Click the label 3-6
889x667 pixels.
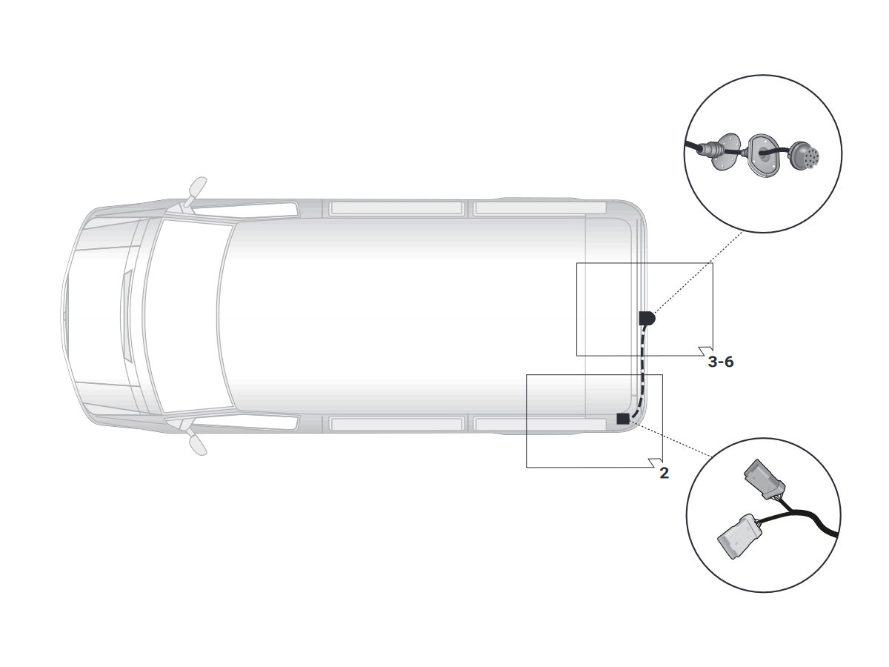(720, 362)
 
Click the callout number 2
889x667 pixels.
(665, 473)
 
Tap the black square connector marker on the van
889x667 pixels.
(622, 419)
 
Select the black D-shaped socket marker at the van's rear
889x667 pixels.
(647, 318)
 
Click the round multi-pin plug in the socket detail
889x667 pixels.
(803, 156)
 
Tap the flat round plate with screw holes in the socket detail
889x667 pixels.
(727, 152)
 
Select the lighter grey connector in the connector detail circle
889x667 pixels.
(739, 537)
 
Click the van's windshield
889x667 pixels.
(190, 316)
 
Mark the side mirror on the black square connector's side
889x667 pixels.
(198, 444)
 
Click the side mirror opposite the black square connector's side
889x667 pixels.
(197, 189)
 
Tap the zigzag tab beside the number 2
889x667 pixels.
(656, 463)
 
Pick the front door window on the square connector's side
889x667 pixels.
(245, 421)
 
